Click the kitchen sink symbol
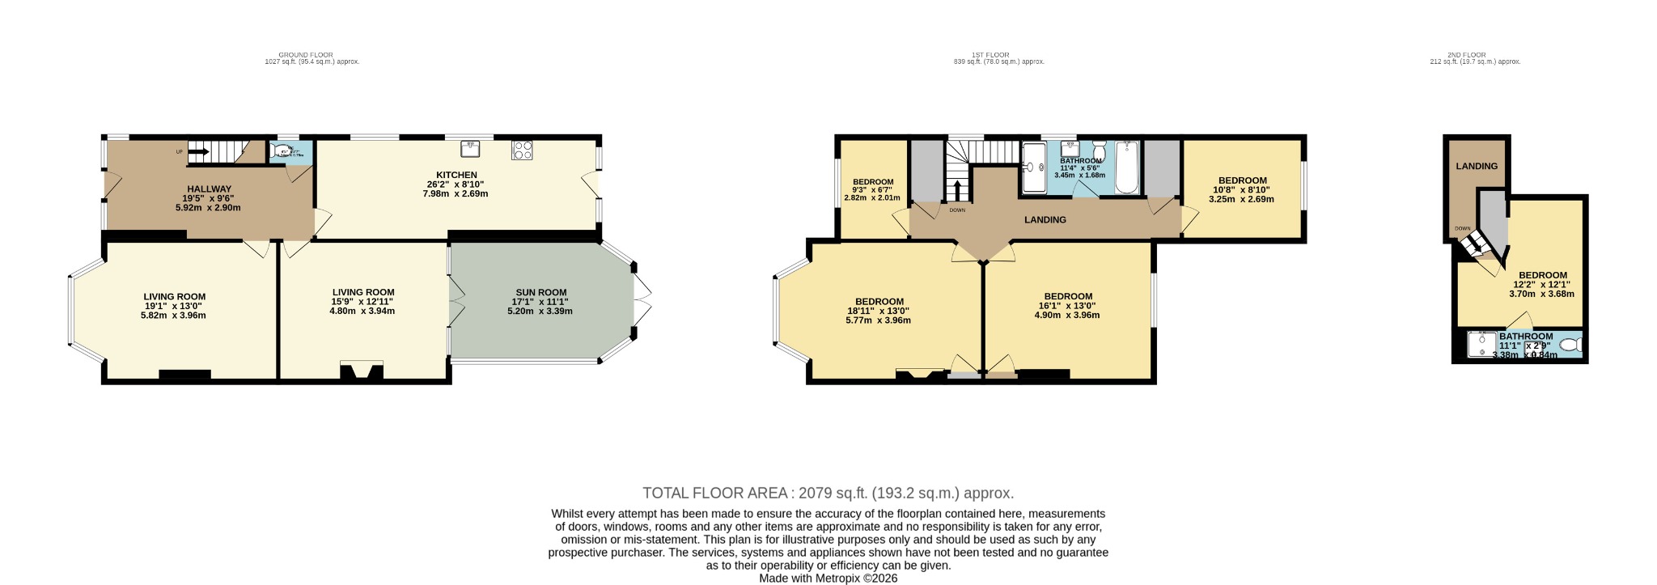[x=470, y=148]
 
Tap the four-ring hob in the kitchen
[x=522, y=150]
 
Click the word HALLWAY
[x=210, y=189]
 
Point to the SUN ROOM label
[x=541, y=292]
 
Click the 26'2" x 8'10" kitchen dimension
[x=457, y=184]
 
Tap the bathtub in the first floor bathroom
[x=1127, y=167]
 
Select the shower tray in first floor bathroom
[x=1033, y=167]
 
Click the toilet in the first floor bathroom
[x=1099, y=151]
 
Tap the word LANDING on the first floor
[x=1045, y=219]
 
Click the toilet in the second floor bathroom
[x=1570, y=345]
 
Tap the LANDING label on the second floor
[x=1477, y=166]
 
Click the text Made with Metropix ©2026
[x=828, y=579]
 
